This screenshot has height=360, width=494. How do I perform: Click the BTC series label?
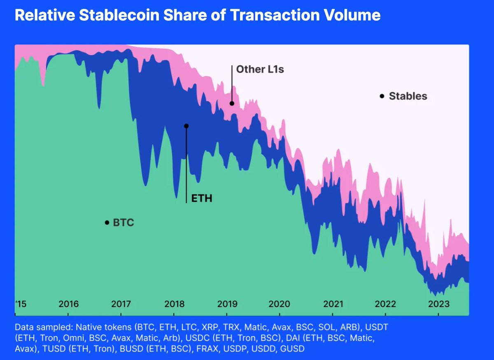tap(123, 223)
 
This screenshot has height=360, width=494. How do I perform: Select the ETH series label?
tap(202, 199)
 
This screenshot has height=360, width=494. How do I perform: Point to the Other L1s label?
tap(260, 70)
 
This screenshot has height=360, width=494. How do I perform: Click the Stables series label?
tap(408, 96)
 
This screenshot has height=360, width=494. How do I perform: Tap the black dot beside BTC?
tap(107, 223)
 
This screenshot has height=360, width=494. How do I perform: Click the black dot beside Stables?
tap(382, 96)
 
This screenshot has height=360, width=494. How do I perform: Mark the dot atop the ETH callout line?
tap(186, 126)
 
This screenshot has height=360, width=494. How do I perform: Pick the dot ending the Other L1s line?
tap(232, 103)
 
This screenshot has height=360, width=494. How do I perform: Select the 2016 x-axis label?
tap(68, 304)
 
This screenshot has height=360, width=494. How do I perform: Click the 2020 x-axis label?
tap(280, 304)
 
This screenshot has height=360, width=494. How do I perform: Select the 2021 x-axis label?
tap(333, 304)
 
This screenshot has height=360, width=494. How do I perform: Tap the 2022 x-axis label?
tap(386, 304)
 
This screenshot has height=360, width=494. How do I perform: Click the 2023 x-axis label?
tap(439, 304)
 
